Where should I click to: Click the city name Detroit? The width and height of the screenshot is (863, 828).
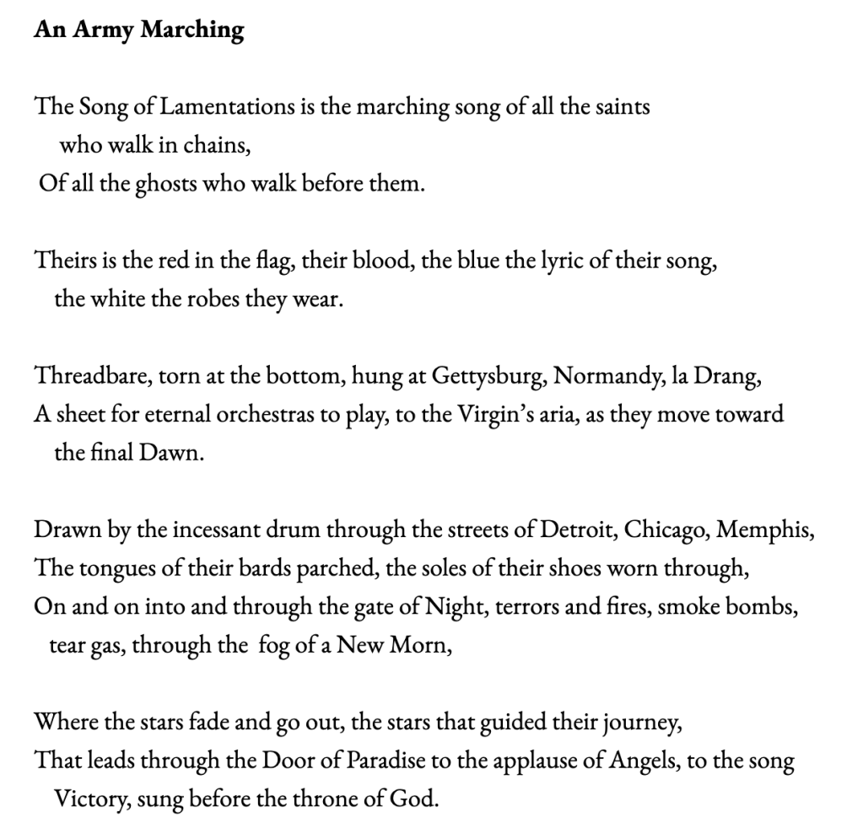tap(576, 532)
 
